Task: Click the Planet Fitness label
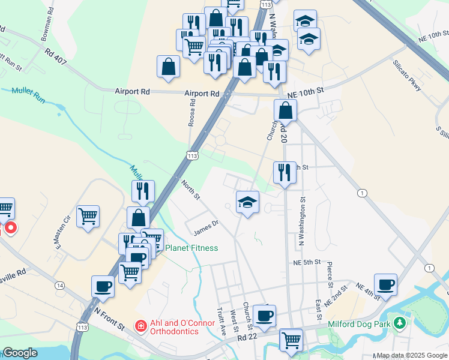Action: [x=191, y=248]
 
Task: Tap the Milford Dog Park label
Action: [x=360, y=325]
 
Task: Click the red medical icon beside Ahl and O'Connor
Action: [x=140, y=326]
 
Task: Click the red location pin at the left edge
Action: [x=10, y=229]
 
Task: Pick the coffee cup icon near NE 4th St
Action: [x=385, y=284]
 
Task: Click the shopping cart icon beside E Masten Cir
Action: [x=88, y=215]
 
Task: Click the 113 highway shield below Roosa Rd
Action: [x=192, y=155]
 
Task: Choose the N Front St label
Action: [x=110, y=317]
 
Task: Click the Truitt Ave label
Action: [x=221, y=322]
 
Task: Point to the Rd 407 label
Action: [x=58, y=57]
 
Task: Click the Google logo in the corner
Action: [x=20, y=353]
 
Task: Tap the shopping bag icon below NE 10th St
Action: [x=285, y=111]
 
